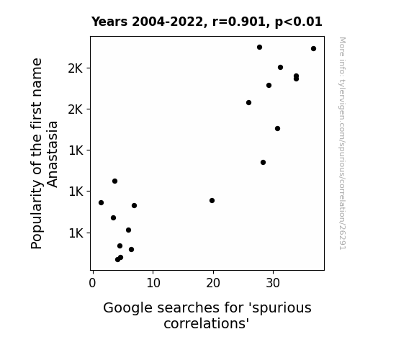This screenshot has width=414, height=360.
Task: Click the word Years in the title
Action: click(109, 22)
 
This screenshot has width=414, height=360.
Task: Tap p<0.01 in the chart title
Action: click(299, 22)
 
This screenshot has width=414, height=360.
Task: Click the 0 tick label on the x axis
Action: click(92, 283)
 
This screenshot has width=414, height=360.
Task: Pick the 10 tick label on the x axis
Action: click(153, 283)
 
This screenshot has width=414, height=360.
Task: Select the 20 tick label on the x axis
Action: click(213, 283)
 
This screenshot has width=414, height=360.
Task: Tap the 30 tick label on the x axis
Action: click(273, 283)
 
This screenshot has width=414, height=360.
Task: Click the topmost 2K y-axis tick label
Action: click(76, 68)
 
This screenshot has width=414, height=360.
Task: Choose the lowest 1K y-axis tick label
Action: click(76, 233)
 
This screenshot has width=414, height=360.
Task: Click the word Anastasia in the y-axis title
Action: click(52, 155)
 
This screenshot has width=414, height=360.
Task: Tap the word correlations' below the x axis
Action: click(207, 323)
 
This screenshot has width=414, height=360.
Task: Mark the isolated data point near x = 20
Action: click(212, 200)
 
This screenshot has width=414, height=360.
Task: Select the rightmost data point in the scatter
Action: click(313, 48)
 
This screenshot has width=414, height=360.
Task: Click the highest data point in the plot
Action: click(259, 48)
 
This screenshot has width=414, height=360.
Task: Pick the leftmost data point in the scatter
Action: click(101, 202)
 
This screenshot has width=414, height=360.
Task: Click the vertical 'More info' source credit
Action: click(343, 143)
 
